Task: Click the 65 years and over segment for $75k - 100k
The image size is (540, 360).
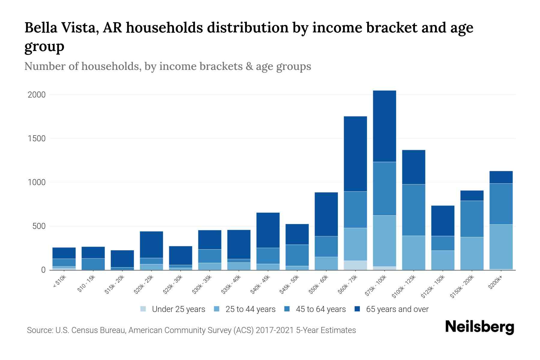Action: click(x=384, y=126)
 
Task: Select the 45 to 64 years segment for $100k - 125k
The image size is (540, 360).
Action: click(x=413, y=210)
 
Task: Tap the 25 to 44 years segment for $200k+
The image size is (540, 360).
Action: click(x=501, y=247)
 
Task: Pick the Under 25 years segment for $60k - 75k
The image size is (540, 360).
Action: click(x=355, y=265)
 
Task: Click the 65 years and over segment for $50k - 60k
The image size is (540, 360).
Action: click(x=326, y=214)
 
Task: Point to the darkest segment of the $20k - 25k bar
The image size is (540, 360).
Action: click(x=151, y=245)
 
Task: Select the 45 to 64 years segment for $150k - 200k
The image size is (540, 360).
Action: click(x=472, y=219)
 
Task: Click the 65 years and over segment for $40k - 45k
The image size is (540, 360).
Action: click(x=268, y=230)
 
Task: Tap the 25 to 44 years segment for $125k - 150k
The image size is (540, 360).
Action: click(x=443, y=260)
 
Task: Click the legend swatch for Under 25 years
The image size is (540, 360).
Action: click(x=143, y=309)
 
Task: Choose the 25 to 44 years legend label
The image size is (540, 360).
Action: click(x=250, y=309)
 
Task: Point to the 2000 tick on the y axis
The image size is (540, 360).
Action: click(x=37, y=95)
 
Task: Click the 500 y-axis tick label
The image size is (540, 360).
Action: click(x=39, y=226)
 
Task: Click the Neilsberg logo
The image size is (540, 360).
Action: click(x=480, y=327)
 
